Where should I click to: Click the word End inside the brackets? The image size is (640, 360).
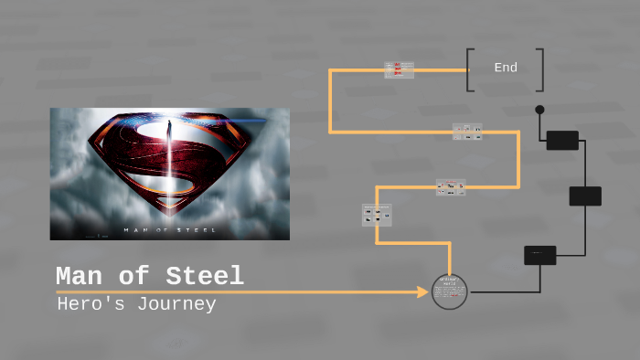click(x=506, y=68)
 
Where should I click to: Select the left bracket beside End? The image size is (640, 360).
click(x=469, y=69)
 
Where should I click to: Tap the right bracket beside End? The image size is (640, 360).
click(x=540, y=69)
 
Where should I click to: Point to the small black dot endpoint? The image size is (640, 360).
click(x=539, y=110)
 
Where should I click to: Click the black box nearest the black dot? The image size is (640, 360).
click(x=562, y=140)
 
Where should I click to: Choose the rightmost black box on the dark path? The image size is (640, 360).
click(x=585, y=196)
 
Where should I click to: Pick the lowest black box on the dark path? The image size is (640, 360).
click(x=539, y=255)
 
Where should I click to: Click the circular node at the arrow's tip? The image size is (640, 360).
click(x=449, y=291)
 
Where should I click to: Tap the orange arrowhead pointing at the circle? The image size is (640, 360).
click(x=422, y=292)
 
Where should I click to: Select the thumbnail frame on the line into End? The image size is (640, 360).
click(x=400, y=69)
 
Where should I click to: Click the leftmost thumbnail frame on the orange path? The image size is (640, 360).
click(x=377, y=214)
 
